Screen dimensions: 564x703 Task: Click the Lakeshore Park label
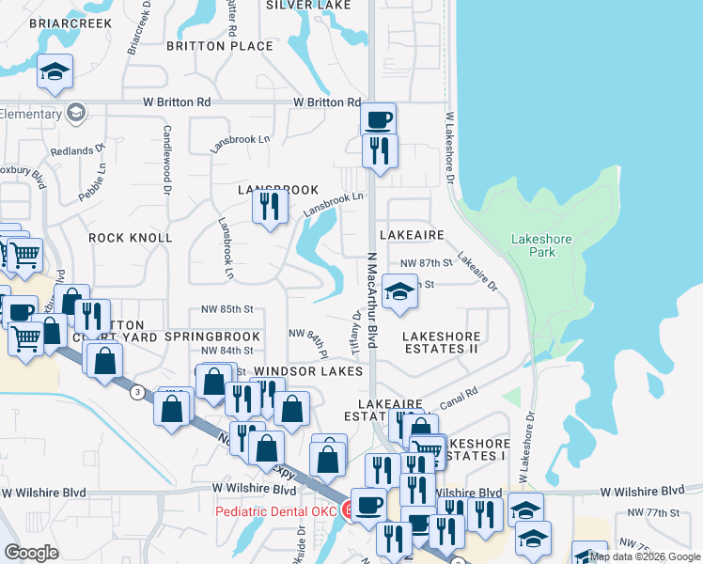click(x=541, y=245)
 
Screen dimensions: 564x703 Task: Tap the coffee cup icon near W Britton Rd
click(x=378, y=120)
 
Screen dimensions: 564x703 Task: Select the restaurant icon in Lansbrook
click(x=271, y=206)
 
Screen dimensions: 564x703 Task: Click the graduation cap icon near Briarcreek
click(x=55, y=71)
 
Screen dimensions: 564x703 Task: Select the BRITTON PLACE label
click(x=220, y=45)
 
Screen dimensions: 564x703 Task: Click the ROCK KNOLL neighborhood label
click(x=131, y=238)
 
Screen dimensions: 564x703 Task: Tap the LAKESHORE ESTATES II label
click(x=442, y=342)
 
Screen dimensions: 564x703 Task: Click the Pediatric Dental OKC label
click(x=275, y=511)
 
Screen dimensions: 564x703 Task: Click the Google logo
click(x=31, y=553)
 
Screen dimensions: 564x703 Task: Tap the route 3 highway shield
click(x=137, y=392)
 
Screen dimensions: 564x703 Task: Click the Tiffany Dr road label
click(x=357, y=329)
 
